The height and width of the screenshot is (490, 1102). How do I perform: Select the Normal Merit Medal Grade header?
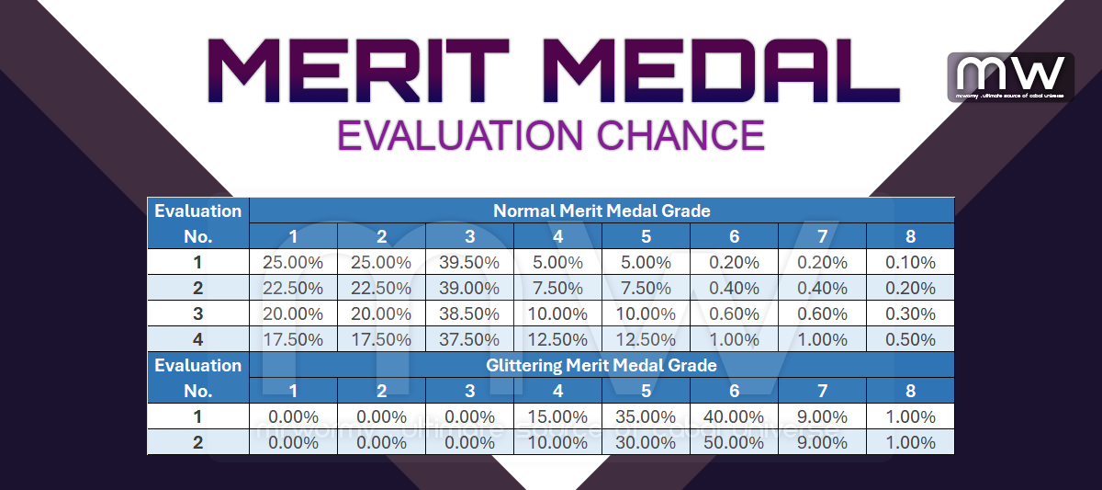(x=602, y=211)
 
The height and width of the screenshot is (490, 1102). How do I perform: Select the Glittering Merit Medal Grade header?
(x=602, y=365)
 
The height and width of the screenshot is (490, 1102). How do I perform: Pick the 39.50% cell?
(x=469, y=262)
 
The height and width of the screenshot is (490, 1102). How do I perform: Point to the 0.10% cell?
(x=910, y=262)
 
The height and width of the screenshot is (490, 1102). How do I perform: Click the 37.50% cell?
(x=469, y=339)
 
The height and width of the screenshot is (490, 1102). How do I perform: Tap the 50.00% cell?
(x=734, y=442)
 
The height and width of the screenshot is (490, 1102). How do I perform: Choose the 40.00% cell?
(x=734, y=416)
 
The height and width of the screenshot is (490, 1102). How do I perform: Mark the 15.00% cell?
(x=557, y=416)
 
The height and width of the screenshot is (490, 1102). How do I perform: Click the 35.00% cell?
(x=646, y=416)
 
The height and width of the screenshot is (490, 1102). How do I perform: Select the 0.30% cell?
(x=910, y=313)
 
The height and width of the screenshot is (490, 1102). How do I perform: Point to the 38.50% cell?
(x=469, y=313)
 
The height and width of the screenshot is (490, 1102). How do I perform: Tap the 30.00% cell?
(x=646, y=442)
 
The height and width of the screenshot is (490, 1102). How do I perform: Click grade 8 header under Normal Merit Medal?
(x=910, y=236)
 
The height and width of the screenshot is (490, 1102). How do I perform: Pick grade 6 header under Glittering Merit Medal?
(x=734, y=391)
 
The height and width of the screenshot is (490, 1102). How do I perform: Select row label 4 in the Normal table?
(x=197, y=339)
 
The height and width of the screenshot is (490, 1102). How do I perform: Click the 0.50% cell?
(x=910, y=339)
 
